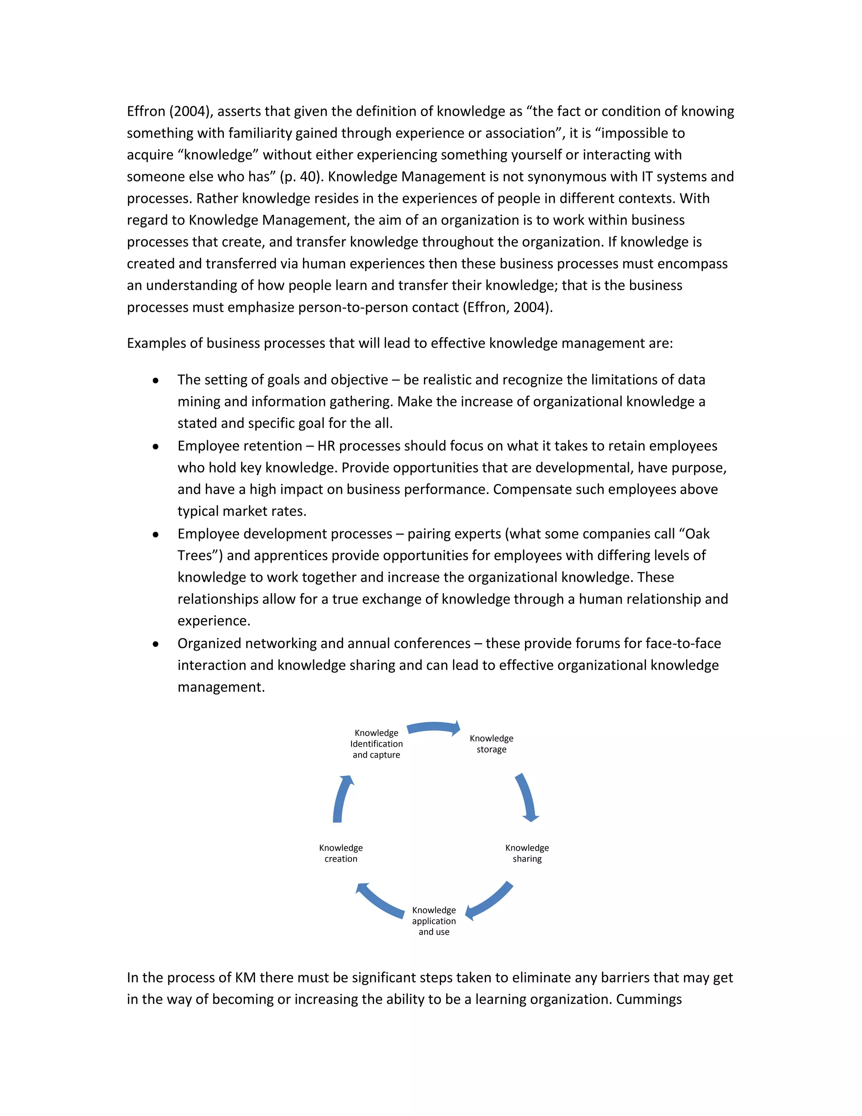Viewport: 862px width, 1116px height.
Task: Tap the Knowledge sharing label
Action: pos(527,853)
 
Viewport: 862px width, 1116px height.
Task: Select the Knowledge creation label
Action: pos(341,853)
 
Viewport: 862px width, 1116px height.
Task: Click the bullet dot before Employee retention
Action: pos(155,446)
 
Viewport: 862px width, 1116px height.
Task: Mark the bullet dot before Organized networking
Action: pos(155,644)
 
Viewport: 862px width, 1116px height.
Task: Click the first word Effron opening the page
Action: pos(146,112)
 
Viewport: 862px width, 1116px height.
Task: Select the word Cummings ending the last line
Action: pos(649,999)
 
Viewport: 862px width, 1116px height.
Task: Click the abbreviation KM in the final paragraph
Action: pos(245,977)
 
